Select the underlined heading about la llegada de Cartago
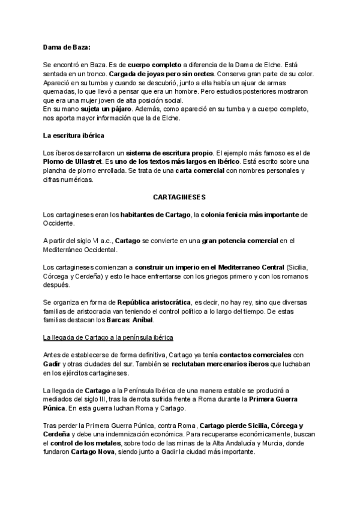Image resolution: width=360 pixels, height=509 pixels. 108,338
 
